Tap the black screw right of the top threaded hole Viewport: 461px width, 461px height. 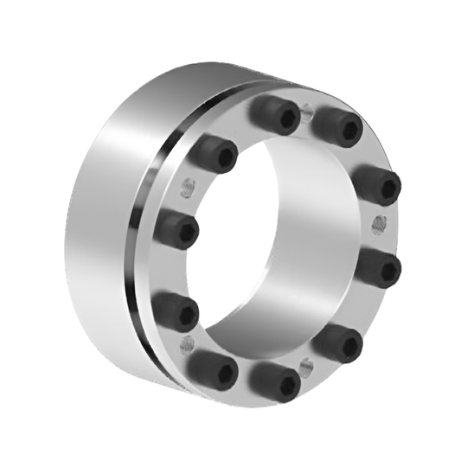[x=336, y=125]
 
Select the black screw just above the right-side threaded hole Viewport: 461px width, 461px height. [x=379, y=183]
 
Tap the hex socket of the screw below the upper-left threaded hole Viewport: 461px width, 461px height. [x=182, y=229]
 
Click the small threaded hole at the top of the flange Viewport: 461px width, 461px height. [x=307, y=111]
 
